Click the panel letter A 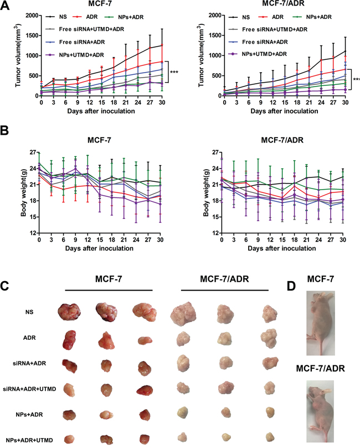[5, 5]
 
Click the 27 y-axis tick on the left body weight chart [33, 152]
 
